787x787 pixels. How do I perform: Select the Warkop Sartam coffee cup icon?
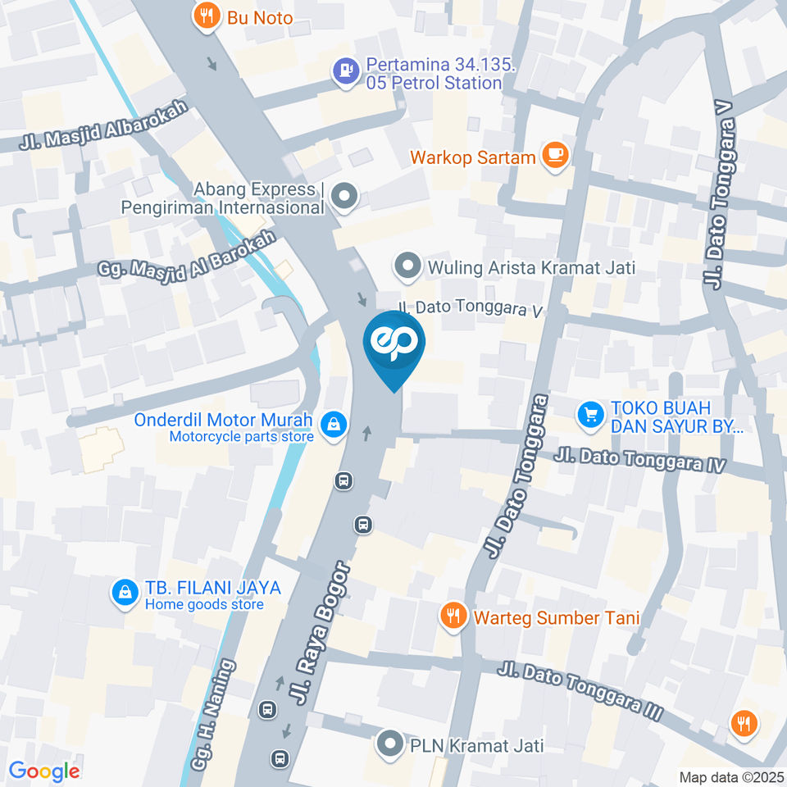[x=556, y=155]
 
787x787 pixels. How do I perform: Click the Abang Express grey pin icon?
[x=346, y=197]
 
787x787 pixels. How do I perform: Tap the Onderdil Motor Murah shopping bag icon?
[x=333, y=425]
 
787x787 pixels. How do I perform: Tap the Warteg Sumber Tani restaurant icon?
[x=452, y=616]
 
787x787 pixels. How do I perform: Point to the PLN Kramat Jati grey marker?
[x=387, y=744]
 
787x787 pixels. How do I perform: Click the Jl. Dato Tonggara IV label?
[x=640, y=459]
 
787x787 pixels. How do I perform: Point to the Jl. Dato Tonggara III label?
[x=579, y=691]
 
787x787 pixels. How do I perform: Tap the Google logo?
[x=44, y=771]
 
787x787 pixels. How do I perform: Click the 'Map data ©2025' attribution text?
[x=730, y=777]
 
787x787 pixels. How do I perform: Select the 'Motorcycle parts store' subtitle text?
[x=241, y=437]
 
